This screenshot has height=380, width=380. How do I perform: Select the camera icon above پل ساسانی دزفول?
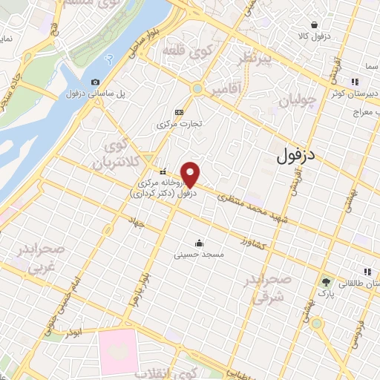coord(94,82)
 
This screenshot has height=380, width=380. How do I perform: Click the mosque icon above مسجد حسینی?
coord(199,242)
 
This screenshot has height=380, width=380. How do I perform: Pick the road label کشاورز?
coord(253,243)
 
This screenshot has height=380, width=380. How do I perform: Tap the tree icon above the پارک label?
coord(325,282)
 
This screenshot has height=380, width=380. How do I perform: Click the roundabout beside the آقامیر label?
coord(197,88)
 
